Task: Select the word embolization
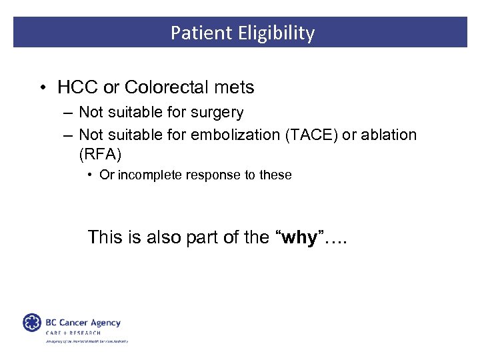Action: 235,135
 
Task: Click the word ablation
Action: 389,135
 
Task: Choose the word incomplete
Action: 146,175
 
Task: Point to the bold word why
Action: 299,237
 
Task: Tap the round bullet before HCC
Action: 43,88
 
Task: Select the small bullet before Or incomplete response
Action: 89,175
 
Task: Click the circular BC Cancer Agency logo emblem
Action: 31,323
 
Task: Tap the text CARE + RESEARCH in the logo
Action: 73,333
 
